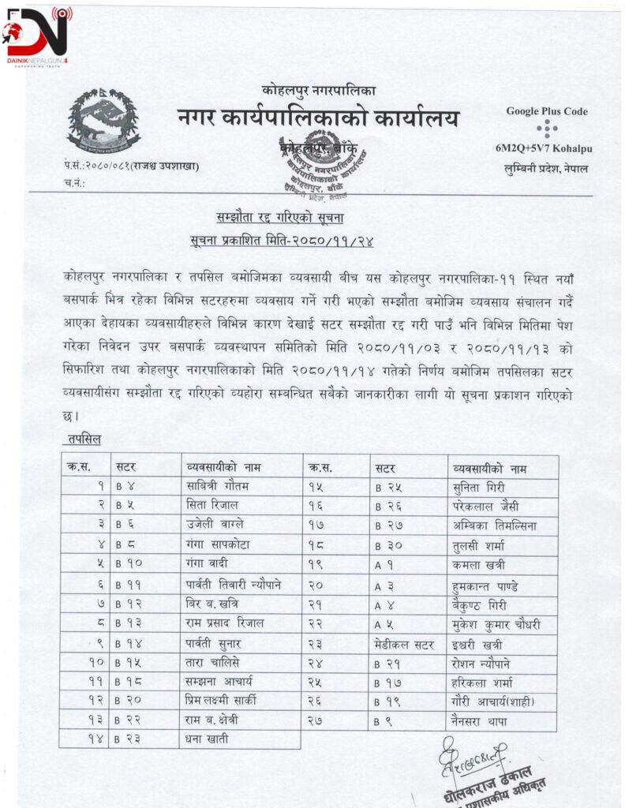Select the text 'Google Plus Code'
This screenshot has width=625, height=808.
(x=546, y=111)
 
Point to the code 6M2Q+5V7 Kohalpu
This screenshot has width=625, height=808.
(x=544, y=149)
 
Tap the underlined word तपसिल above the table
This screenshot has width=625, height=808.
(x=84, y=439)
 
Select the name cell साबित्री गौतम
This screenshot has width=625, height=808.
(x=213, y=487)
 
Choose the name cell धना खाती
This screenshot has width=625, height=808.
(x=205, y=739)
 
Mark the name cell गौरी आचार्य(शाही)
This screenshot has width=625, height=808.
(x=499, y=701)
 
